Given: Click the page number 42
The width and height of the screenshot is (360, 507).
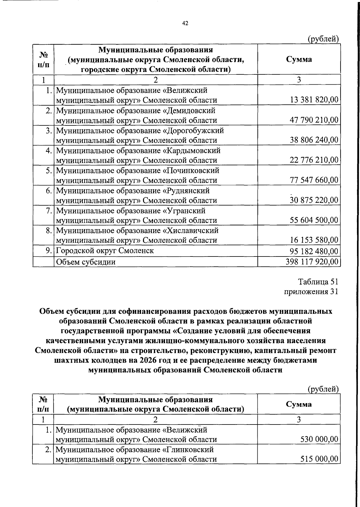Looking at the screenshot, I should pos(185,23).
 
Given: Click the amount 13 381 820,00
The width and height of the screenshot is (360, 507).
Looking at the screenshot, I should pos(314,100).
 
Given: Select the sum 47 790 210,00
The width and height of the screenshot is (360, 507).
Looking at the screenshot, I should pos(314,120).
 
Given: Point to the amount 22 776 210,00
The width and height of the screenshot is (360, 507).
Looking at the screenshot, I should pos(314,160).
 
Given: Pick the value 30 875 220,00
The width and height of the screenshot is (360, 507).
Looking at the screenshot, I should pos(314,200).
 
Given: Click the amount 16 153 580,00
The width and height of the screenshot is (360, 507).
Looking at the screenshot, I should pos(314,240).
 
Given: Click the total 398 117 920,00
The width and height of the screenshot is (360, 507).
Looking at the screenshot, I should pos(312,262).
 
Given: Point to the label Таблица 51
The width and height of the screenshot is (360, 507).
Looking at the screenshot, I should pos(318,282).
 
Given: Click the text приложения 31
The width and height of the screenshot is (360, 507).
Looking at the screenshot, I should pos(311,292).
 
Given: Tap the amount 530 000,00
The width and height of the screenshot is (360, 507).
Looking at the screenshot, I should pos(319,439).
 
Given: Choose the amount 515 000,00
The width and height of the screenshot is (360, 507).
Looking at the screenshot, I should pos(319,459).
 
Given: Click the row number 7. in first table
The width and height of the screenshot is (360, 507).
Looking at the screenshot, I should pos(49,211).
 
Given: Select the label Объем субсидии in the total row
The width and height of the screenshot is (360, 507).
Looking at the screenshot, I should pos(86,262).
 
